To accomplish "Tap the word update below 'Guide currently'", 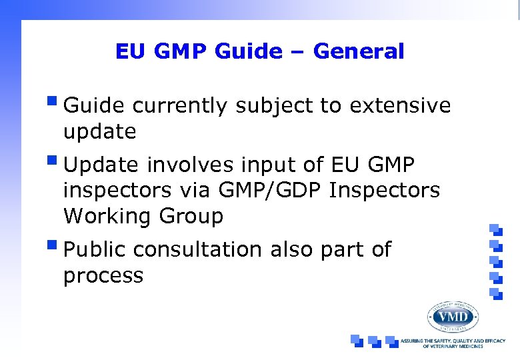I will (99, 132).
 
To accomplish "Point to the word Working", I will (107, 217).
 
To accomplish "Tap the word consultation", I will (198, 249).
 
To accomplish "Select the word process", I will (103, 276).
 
